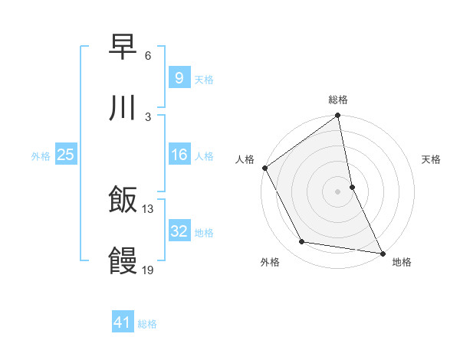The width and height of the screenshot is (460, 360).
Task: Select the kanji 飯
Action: (x=123, y=200)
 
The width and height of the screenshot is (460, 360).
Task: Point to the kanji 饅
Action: (x=123, y=260)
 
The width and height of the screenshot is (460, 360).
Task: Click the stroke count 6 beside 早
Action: (x=148, y=56)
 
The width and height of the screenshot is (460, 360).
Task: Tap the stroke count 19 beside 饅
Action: (x=148, y=270)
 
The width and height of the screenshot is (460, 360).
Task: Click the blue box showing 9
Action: (x=179, y=78)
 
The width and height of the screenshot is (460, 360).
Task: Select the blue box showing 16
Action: (x=179, y=155)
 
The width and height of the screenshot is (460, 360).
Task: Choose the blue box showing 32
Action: (x=179, y=232)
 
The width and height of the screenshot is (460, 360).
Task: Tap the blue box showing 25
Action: (x=65, y=155)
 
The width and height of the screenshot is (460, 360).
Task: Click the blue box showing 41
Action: (x=123, y=323)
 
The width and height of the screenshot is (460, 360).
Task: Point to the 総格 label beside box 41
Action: (x=147, y=324)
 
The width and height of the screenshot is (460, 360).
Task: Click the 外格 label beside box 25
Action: (x=41, y=156)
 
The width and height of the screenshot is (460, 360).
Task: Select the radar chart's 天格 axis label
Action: (x=431, y=159)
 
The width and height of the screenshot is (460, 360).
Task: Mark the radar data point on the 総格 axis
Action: (x=337, y=116)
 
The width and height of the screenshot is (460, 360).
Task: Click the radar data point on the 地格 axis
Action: (x=382, y=252)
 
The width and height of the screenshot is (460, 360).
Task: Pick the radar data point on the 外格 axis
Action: (x=302, y=242)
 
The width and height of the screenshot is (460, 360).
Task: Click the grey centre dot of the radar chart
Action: (x=337, y=191)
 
